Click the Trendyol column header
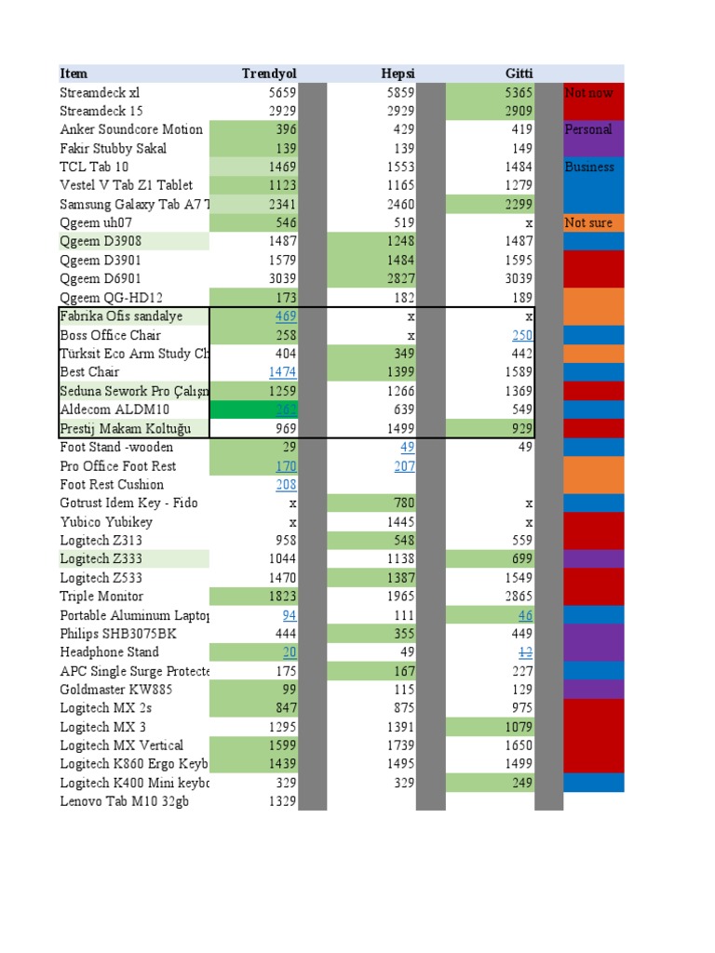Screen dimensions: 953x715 (x=269, y=74)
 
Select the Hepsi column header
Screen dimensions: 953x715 (x=398, y=74)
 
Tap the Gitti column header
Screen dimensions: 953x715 (x=519, y=74)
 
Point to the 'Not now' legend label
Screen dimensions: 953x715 (x=588, y=93)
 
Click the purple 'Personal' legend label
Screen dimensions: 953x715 (x=588, y=129)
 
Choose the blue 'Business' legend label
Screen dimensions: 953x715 (x=589, y=167)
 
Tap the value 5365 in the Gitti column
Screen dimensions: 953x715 (x=519, y=93)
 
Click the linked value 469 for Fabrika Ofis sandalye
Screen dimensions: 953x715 (x=285, y=316)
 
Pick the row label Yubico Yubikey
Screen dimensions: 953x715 (x=106, y=522)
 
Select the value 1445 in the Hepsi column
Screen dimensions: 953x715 (x=400, y=522)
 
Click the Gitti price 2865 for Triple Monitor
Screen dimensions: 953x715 (x=519, y=597)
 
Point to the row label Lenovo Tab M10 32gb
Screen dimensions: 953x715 (x=124, y=801)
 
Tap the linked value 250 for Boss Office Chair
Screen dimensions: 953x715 (x=522, y=335)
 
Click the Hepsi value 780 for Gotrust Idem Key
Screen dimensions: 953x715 (x=404, y=503)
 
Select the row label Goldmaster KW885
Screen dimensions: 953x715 (x=115, y=690)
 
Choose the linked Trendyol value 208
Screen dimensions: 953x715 (x=286, y=485)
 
